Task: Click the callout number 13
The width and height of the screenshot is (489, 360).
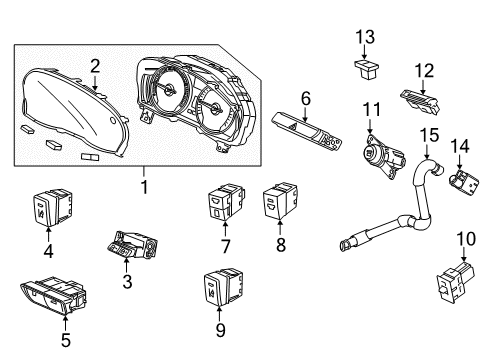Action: pyautogui.click(x=365, y=37)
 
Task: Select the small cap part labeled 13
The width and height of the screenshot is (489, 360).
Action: pyautogui.click(x=367, y=69)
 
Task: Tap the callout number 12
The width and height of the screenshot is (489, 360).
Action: pyautogui.click(x=424, y=71)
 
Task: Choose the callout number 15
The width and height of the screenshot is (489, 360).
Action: pyautogui.click(x=429, y=135)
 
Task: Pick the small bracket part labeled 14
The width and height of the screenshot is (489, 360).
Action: pyautogui.click(x=464, y=183)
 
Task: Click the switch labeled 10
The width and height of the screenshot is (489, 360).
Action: pyautogui.click(x=455, y=282)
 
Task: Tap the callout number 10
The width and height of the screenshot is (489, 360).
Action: pyautogui.click(x=466, y=239)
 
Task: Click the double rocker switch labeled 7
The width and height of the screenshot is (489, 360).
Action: pyautogui.click(x=226, y=201)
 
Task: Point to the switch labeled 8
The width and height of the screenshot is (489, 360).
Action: pyautogui.click(x=280, y=200)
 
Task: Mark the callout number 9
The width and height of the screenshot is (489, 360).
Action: pyautogui.click(x=220, y=330)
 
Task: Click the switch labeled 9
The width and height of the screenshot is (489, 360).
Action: pyautogui.click(x=223, y=287)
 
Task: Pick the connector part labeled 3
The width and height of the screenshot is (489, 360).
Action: pyautogui.click(x=132, y=245)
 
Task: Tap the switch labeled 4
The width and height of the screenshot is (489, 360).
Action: pyautogui.click(x=53, y=207)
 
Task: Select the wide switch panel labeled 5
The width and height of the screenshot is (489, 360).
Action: pyautogui.click(x=53, y=295)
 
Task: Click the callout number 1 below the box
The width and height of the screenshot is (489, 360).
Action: pyautogui.click(x=144, y=187)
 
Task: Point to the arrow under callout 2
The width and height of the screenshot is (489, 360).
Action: pyautogui.click(x=95, y=82)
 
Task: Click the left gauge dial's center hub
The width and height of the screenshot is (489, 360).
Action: pyautogui.click(x=169, y=90)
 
